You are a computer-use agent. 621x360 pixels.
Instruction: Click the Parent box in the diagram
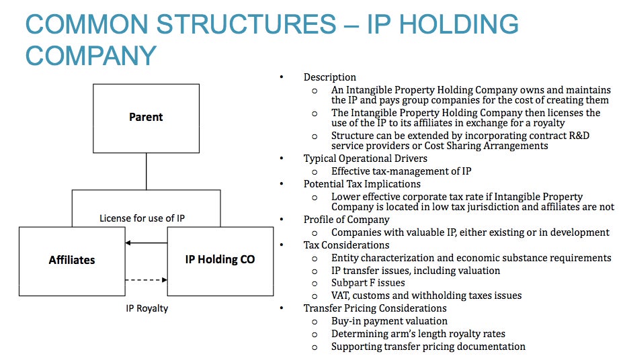coord(146,118)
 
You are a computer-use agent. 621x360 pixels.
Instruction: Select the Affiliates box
coord(72,261)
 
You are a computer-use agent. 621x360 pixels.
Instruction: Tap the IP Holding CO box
coord(220,261)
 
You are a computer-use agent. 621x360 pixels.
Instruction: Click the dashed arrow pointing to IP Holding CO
coord(146,280)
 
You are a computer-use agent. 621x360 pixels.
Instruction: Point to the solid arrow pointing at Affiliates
coord(146,242)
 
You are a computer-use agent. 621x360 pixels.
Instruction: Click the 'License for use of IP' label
coord(142,218)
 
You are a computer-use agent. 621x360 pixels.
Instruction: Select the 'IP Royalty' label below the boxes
coord(147,308)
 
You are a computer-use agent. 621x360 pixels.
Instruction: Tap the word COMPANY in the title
coord(91,55)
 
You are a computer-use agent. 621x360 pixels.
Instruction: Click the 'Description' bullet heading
coord(330,77)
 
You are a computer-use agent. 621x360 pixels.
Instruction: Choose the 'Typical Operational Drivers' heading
coord(366,159)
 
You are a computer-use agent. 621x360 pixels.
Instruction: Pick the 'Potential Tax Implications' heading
coord(362,184)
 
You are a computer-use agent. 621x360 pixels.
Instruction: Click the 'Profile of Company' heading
coord(347,220)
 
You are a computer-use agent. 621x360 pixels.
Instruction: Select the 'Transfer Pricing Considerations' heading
coord(375,308)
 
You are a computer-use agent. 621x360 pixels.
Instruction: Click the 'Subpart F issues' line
coord(368,283)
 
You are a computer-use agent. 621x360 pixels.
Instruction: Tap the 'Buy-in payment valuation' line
coord(389,321)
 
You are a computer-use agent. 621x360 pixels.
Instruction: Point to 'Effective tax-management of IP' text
coord(401,171)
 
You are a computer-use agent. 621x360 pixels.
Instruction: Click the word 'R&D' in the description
coord(579,135)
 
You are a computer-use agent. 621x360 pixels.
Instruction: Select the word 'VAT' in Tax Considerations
coord(341,296)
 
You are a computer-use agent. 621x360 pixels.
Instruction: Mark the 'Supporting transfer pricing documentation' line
coord(429,347)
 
